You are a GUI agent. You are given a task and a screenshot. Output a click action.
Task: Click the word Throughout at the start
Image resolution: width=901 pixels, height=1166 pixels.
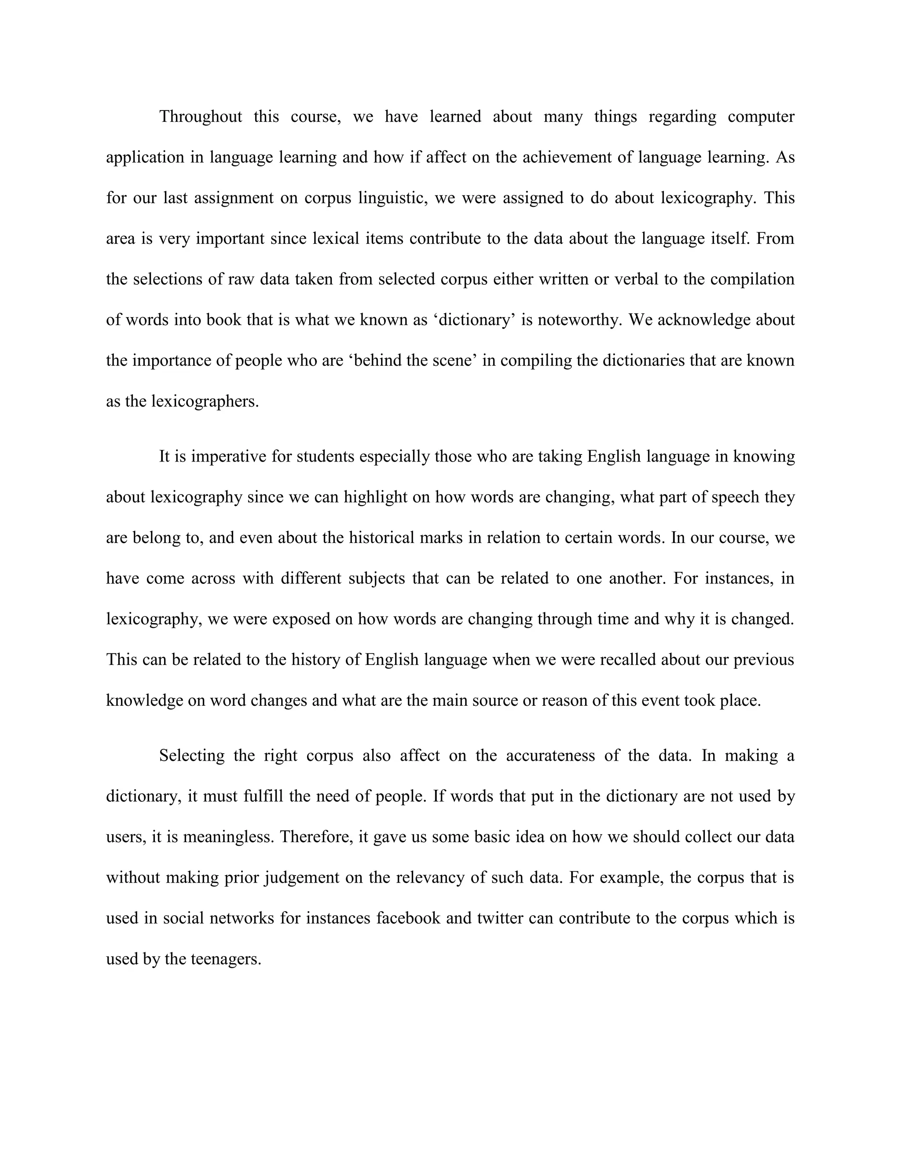tap(201, 117)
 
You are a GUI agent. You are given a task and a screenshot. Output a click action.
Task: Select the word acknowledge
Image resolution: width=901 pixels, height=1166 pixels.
tap(706, 320)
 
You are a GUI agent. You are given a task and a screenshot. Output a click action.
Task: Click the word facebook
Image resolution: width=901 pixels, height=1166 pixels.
tap(408, 918)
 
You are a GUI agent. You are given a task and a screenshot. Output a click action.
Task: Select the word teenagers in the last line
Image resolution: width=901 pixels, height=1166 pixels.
tap(226, 959)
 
